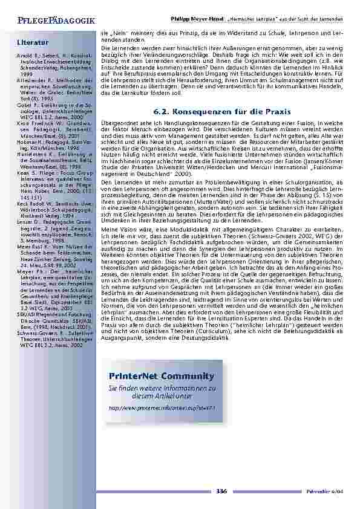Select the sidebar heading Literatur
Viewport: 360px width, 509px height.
32,42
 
